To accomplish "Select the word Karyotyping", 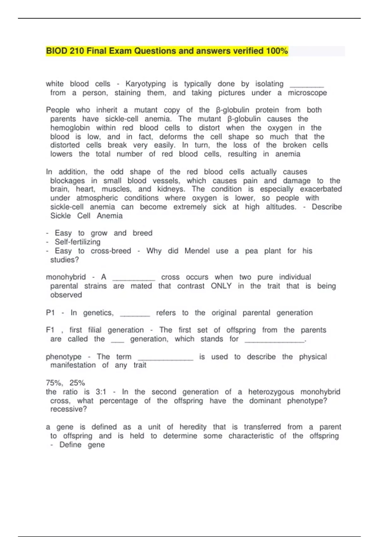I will point(145,84).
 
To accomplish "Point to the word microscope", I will point(307,93).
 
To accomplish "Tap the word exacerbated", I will point(321,189).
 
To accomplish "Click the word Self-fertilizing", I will point(77,242).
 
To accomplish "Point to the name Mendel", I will point(197,251).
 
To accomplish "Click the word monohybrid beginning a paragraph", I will point(66,277).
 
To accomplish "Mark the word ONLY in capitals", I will point(221,286).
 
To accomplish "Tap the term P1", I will point(50,313).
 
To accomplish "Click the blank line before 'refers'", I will point(135,315).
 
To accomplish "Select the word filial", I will point(95,330).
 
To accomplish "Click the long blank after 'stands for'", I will point(275,341).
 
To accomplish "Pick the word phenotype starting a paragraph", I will point(63,357).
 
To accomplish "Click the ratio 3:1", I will point(101,392).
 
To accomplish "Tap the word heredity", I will point(193,427).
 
